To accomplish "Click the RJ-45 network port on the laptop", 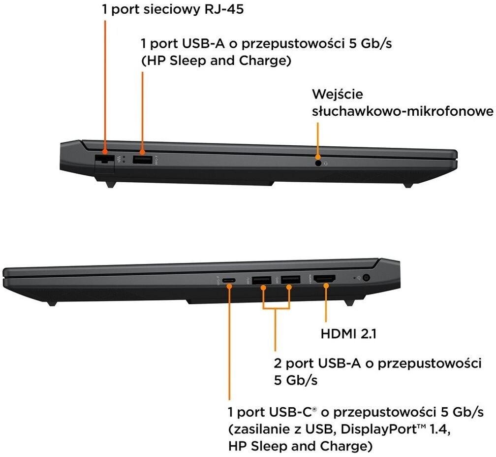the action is coord(104,160).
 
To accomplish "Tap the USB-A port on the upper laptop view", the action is coord(143,160).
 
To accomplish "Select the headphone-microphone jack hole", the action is coord(318,162).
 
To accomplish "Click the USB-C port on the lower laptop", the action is coord(229,281).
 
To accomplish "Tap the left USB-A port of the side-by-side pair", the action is coord(261,281).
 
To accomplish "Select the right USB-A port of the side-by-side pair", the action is coord(291,281).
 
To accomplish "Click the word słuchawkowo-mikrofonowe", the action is coord(403,111).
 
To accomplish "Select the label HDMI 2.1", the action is coord(348,334).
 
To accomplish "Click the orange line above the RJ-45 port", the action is coord(105,84).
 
